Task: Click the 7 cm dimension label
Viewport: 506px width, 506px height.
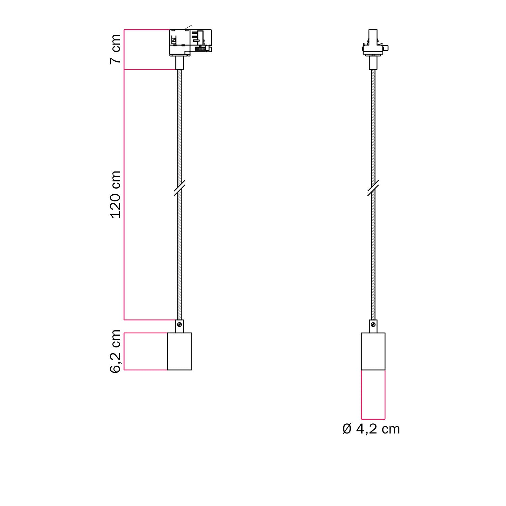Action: click(115, 49)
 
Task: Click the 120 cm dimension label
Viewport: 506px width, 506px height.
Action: click(115, 195)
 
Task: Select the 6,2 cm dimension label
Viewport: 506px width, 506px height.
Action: click(115, 351)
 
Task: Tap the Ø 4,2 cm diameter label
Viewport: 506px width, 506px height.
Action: click(371, 429)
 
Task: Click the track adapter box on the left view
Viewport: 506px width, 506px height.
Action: click(190, 42)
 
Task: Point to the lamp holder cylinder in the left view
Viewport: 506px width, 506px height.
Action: click(179, 351)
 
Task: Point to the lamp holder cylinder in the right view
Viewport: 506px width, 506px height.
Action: click(373, 351)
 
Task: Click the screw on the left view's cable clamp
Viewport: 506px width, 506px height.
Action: click(179, 325)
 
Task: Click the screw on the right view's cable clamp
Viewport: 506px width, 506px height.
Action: click(373, 325)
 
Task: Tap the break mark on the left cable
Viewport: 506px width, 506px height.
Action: click(179, 188)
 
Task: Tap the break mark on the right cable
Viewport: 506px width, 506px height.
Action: click(373, 188)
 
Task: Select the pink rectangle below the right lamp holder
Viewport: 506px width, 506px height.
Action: click(373, 395)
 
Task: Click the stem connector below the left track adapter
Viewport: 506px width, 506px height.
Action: click(179, 63)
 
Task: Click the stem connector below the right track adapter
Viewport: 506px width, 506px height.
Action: click(373, 63)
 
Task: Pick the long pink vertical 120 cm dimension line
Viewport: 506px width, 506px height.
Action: click(124, 195)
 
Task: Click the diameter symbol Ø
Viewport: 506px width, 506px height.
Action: click(347, 429)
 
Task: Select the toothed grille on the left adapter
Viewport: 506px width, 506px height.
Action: click(200, 49)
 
